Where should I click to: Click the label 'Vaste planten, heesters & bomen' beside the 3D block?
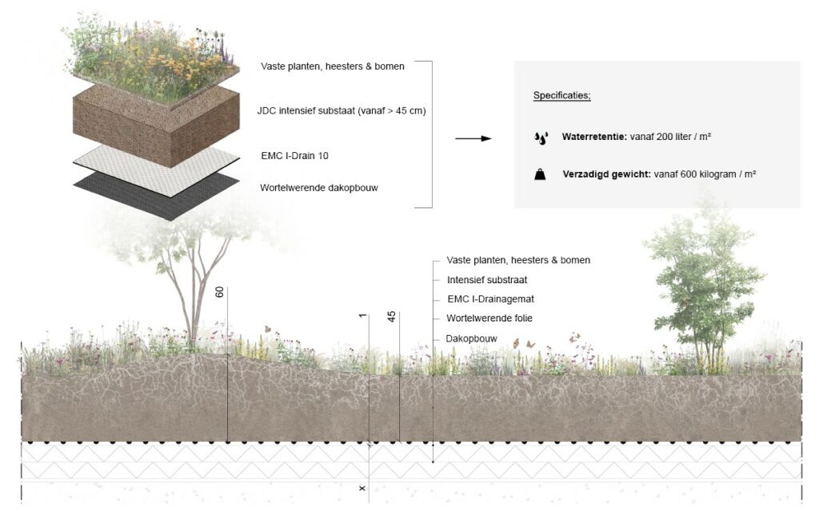(x=332, y=66)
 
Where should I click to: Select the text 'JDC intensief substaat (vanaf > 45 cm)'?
(x=342, y=111)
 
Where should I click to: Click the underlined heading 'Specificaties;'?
(x=562, y=96)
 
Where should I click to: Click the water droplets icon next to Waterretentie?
(x=541, y=138)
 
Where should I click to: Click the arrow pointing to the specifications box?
(x=473, y=138)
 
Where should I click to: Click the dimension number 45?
(x=391, y=317)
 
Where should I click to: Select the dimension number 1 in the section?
(x=362, y=317)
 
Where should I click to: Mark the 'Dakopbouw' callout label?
(x=471, y=338)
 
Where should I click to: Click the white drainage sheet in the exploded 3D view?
(x=160, y=168)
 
